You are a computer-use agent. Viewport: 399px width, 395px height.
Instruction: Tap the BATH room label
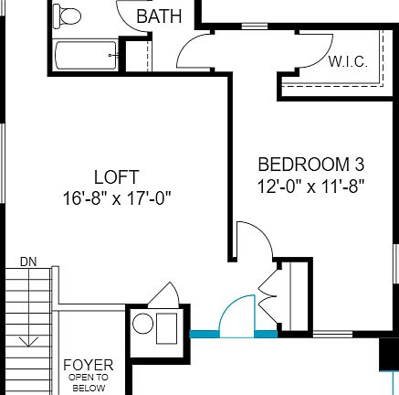coord(159,16)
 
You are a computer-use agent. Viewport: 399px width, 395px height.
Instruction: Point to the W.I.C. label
coord(347,62)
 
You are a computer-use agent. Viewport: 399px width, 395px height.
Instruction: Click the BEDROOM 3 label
coord(311,165)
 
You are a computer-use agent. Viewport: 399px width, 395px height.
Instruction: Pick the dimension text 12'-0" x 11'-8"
coord(311,185)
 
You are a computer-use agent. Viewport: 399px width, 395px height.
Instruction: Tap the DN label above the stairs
coord(28,262)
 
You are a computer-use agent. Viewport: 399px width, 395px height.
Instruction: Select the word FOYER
coord(89,365)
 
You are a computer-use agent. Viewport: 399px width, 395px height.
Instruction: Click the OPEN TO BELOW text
coord(89,382)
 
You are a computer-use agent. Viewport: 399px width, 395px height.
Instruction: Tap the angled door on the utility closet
coord(165,294)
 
